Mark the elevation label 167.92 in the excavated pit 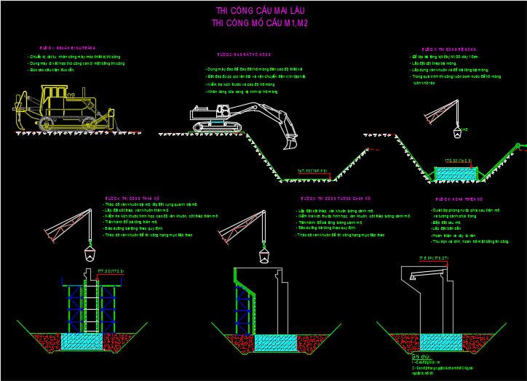tap(312, 171)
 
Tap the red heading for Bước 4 tap(132, 198)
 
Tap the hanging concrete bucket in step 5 tap(262, 255)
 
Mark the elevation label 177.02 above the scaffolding tap(111, 270)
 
